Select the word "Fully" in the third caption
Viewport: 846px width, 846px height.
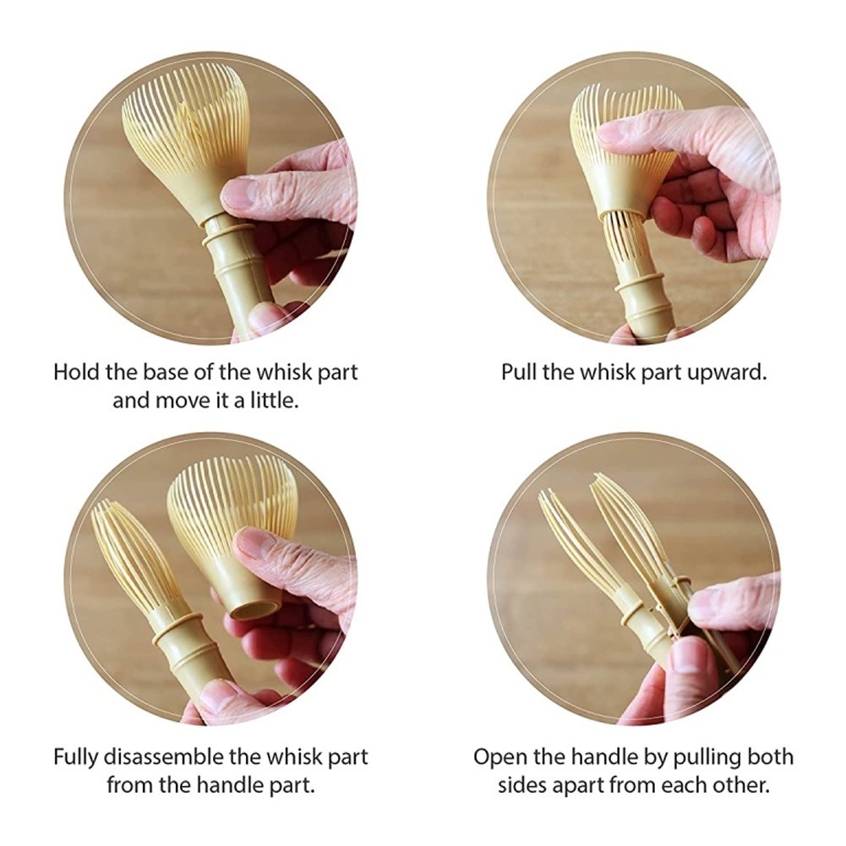tap(75, 758)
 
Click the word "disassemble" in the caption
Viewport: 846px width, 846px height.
tap(163, 757)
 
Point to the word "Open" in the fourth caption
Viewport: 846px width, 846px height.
tap(499, 757)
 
